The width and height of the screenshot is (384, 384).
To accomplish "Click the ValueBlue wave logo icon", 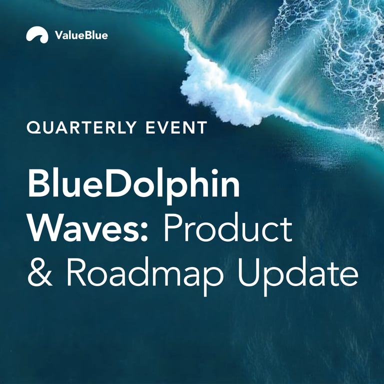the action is (x=37, y=34).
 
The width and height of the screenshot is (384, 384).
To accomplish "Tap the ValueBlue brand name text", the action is (x=81, y=35).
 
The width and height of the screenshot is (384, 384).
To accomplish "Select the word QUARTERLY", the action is (x=81, y=127).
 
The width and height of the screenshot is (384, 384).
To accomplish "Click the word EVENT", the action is (x=176, y=127).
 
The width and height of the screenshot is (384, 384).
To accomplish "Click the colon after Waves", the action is (x=144, y=232).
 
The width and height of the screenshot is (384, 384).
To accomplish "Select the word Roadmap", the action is (x=144, y=276).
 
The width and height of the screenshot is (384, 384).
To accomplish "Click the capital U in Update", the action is (x=249, y=272).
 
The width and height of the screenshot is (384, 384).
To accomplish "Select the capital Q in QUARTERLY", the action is (x=34, y=127).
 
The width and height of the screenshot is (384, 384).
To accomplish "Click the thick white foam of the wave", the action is (x=220, y=93).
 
